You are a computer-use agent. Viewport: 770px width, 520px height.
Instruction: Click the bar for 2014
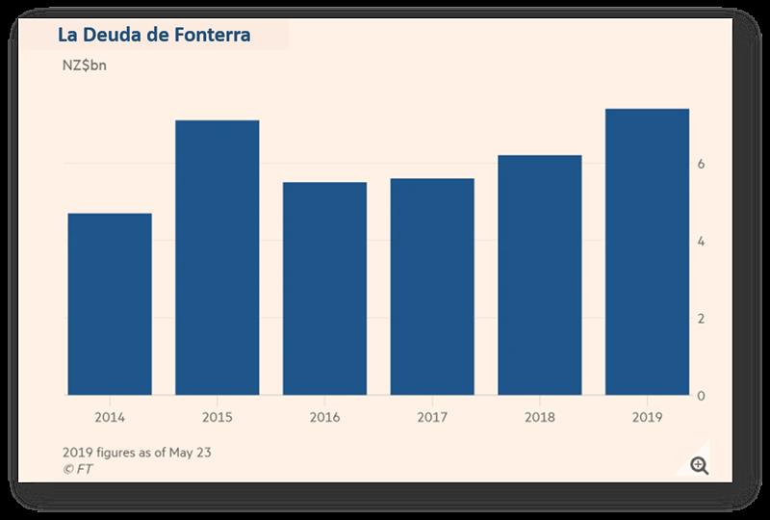pos(109,303)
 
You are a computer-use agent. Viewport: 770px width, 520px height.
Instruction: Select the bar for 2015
pos(217,257)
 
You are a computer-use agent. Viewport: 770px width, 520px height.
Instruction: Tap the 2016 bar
pos(324,288)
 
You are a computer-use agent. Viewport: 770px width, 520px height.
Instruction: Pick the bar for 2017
pos(432,286)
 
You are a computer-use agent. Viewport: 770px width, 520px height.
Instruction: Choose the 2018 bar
pos(540,274)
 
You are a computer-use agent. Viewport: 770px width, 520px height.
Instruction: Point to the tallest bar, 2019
pos(647,251)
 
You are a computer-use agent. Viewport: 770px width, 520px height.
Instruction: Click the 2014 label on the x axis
pos(109,419)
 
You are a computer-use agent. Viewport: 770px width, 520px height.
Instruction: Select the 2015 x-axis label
pos(217,419)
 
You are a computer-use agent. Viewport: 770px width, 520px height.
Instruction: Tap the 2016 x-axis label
pos(324,419)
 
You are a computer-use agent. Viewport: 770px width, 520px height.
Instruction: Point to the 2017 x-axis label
pos(432,419)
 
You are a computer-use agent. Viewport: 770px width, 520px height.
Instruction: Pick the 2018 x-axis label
pos(540,419)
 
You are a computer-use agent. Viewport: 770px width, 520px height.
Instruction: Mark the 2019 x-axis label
pos(647,419)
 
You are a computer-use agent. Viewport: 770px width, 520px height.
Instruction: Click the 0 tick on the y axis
pos(702,396)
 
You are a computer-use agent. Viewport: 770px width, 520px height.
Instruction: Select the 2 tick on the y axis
pos(702,319)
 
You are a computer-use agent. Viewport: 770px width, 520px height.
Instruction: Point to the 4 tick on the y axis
pos(702,242)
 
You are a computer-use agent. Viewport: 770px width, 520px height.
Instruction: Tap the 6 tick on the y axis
pos(702,165)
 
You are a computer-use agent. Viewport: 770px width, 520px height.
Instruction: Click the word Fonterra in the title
pos(207,36)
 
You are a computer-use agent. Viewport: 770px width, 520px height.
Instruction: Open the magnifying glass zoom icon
pos(700,466)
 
